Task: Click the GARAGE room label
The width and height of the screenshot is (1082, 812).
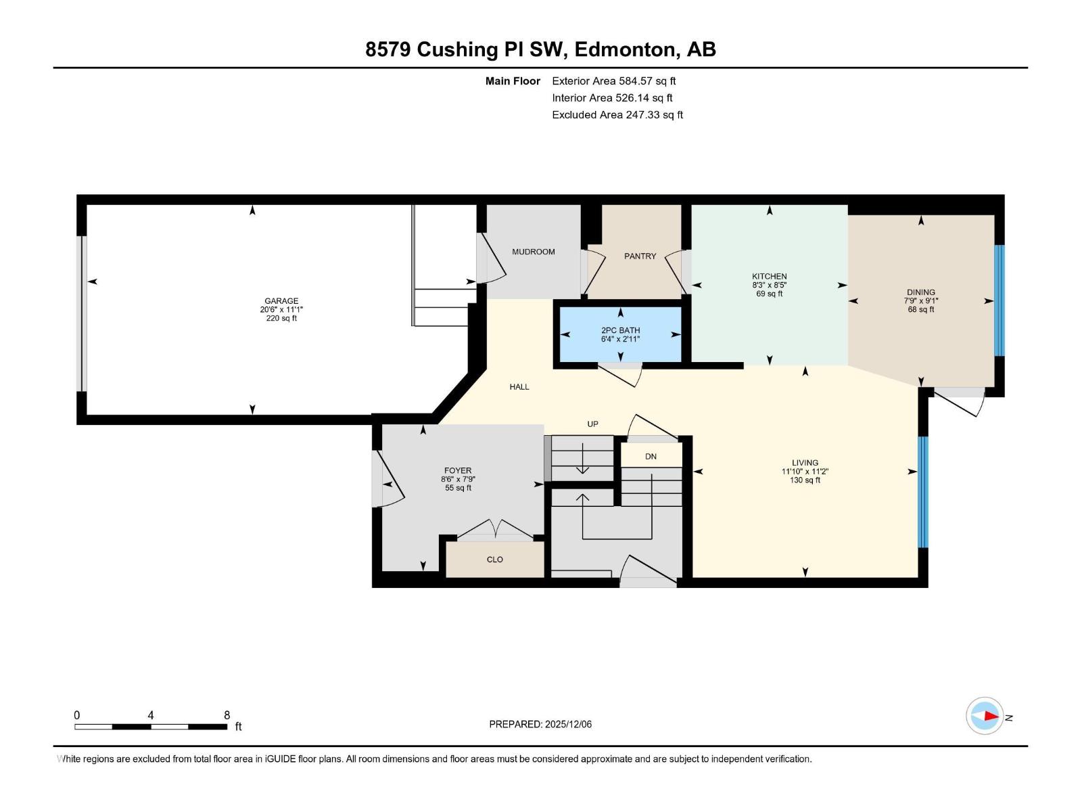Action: [x=281, y=300]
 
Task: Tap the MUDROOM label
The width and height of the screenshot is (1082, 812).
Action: [x=534, y=252]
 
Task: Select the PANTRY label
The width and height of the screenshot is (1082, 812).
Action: [x=640, y=256]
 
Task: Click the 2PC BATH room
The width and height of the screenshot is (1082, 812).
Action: [x=620, y=335]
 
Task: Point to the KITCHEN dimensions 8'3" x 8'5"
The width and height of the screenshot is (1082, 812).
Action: [x=769, y=285]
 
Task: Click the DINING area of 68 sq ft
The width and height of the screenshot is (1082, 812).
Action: [x=921, y=310]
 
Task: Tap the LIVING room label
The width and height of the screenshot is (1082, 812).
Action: [x=805, y=463]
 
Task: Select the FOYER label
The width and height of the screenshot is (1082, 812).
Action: [x=458, y=471]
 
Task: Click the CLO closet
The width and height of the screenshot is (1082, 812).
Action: [x=494, y=560]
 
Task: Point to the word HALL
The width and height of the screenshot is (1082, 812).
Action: [x=519, y=387]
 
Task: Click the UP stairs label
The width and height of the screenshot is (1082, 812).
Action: [x=592, y=424]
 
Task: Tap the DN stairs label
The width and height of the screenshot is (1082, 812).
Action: [x=651, y=457]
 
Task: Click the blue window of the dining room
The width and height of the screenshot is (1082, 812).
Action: [x=999, y=300]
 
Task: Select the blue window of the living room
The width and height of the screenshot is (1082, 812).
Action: [x=923, y=492]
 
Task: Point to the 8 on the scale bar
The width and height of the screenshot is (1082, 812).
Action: [x=227, y=715]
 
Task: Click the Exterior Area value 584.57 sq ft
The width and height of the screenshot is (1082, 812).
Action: [x=647, y=81]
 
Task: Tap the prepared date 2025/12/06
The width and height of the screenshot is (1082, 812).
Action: [x=568, y=724]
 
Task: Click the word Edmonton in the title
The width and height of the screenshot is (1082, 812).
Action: [x=625, y=50]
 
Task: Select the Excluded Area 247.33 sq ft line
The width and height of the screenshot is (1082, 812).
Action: [x=617, y=115]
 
